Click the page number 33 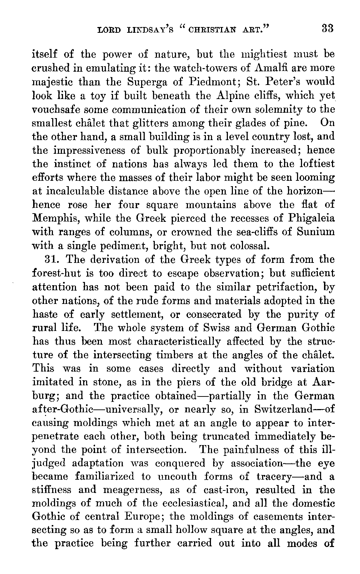click(328, 28)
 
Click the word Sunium click(316, 232)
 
